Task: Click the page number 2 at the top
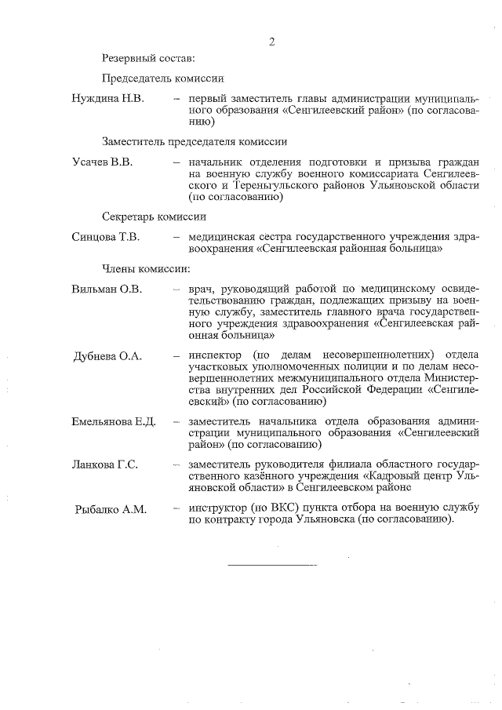tap(271, 41)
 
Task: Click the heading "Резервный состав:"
tap(147, 57)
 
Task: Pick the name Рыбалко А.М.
tap(111, 509)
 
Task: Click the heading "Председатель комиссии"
tap(163, 78)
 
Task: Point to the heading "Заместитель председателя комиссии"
tap(194, 141)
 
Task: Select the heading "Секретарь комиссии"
tap(154, 217)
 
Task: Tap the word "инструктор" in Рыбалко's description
tap(216, 508)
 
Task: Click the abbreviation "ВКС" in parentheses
tap(276, 508)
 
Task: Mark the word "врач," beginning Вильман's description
tap(201, 289)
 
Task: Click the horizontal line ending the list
tap(272, 564)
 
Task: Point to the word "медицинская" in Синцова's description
tap(222, 237)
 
